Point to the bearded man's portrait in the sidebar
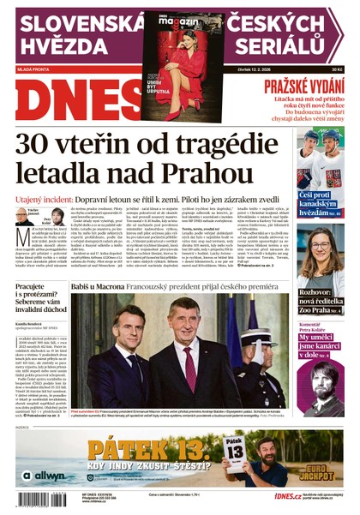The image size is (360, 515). pos(327,378)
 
